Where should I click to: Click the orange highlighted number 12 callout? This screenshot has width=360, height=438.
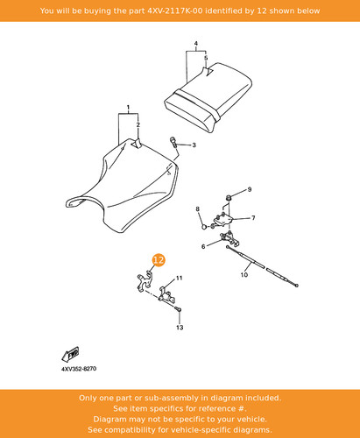coord(159,260)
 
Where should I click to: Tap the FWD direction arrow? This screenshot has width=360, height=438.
coord(70,354)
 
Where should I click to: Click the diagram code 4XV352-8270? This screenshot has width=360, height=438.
coord(79,369)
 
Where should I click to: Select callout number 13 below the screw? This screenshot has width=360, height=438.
coord(180,328)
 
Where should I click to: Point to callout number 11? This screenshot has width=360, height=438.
coord(179,278)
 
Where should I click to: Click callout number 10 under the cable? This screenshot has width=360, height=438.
coord(244,275)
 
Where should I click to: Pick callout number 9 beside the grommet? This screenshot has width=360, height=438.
coord(250,189)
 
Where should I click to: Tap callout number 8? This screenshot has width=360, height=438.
coord(198,208)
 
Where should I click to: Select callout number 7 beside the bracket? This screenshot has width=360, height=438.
coord(253,218)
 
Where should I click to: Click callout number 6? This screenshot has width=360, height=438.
coord(203,246)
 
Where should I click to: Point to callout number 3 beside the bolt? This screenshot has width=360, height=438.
coord(194,145)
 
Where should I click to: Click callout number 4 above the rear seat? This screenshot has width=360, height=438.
coord(196,44)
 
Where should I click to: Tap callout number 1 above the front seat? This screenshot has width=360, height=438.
coord(128,108)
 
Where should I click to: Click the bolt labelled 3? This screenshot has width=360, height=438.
coord(173,142)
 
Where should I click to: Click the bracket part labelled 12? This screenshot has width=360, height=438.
coord(145,281)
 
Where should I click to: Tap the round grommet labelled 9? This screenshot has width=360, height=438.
coord(229,198)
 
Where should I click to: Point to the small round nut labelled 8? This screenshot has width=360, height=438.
coord(205,226)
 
